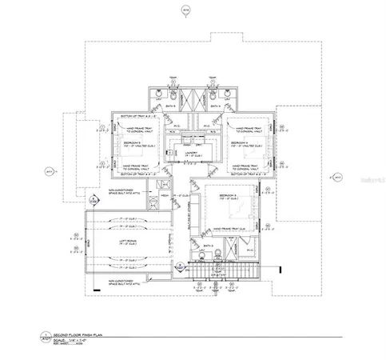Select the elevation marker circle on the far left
pyautogui.click(x=47, y=170)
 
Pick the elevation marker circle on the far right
pyautogui.click(x=337, y=175)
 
